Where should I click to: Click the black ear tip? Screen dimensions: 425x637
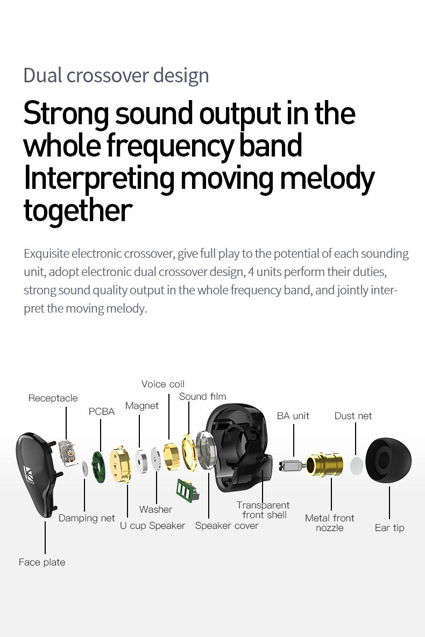[x=388, y=461]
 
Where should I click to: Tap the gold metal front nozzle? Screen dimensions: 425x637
[x=324, y=465]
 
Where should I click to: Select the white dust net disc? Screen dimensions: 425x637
[x=357, y=466]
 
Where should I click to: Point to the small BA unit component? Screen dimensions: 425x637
[x=292, y=465]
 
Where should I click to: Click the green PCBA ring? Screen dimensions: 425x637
[x=98, y=467]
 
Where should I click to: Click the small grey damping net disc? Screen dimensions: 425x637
[x=85, y=468]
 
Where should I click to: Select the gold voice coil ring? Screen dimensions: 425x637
[x=172, y=456]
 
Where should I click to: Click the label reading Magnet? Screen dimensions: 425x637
[x=142, y=406]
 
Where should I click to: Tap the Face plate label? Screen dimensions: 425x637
[x=42, y=562]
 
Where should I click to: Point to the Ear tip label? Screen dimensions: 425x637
[x=389, y=528]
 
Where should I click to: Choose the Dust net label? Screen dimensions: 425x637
[x=353, y=415]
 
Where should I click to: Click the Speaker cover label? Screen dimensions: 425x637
[x=226, y=526]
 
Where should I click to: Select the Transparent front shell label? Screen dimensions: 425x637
[x=263, y=510]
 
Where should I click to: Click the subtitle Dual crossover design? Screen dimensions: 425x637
[x=116, y=75]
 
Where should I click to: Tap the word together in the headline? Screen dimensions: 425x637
[x=78, y=210]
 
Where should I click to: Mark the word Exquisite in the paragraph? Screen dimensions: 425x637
[x=46, y=253]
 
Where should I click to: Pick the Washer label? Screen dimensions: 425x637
[x=155, y=509]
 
